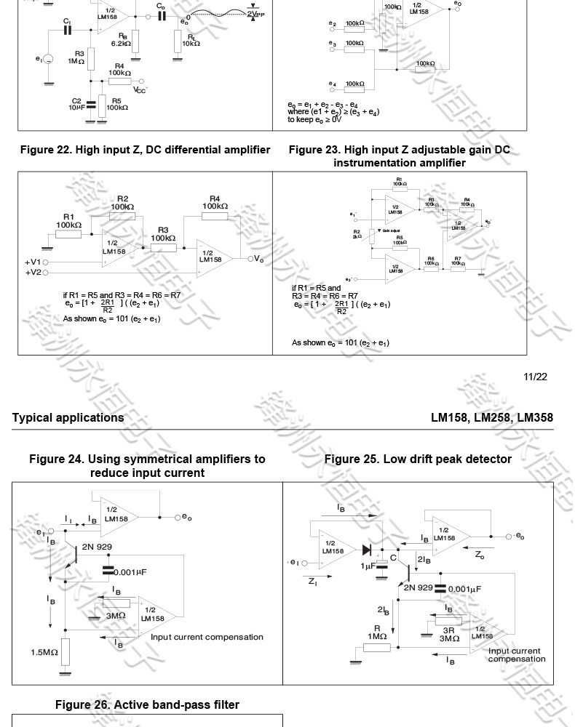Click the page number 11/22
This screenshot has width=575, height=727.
pos(535,377)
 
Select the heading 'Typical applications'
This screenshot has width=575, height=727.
pos(68,418)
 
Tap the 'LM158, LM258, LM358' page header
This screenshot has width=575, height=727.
pos(491,418)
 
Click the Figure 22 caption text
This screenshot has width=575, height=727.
pos(145,150)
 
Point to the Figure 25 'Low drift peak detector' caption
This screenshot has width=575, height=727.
pos(418,459)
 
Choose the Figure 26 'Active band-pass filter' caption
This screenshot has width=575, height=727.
pos(147,704)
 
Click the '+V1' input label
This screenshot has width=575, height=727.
pos(33,262)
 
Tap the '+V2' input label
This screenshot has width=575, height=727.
pos(33,273)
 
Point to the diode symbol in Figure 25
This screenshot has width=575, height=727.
pos(366,550)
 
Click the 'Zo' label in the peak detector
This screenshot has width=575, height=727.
pos(480,555)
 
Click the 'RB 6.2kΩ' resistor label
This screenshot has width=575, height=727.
pos(122,39)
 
